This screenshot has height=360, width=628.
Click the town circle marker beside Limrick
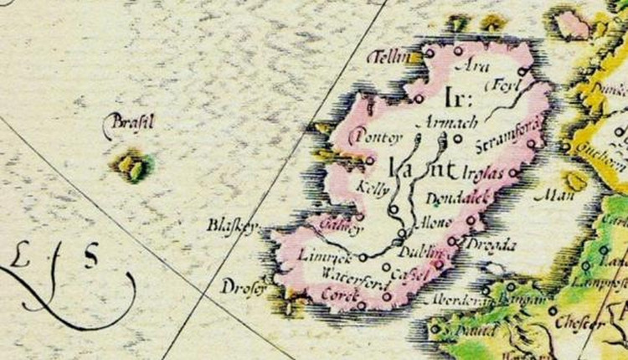click(x=362, y=256)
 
